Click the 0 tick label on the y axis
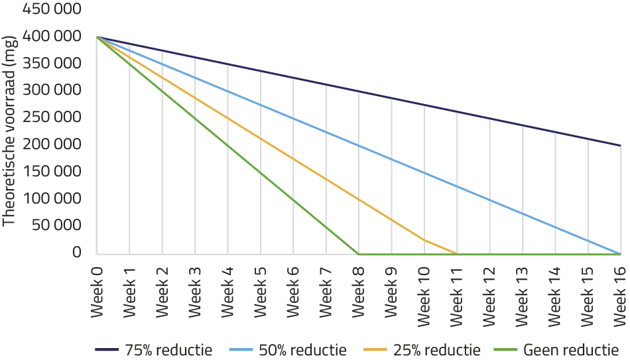point(77,253)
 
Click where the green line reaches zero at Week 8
point(359,253)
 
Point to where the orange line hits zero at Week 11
point(457,253)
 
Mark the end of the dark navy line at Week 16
point(621,145)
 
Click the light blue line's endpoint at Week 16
point(621,253)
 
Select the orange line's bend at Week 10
point(424,240)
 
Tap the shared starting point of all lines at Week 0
point(97,36)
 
